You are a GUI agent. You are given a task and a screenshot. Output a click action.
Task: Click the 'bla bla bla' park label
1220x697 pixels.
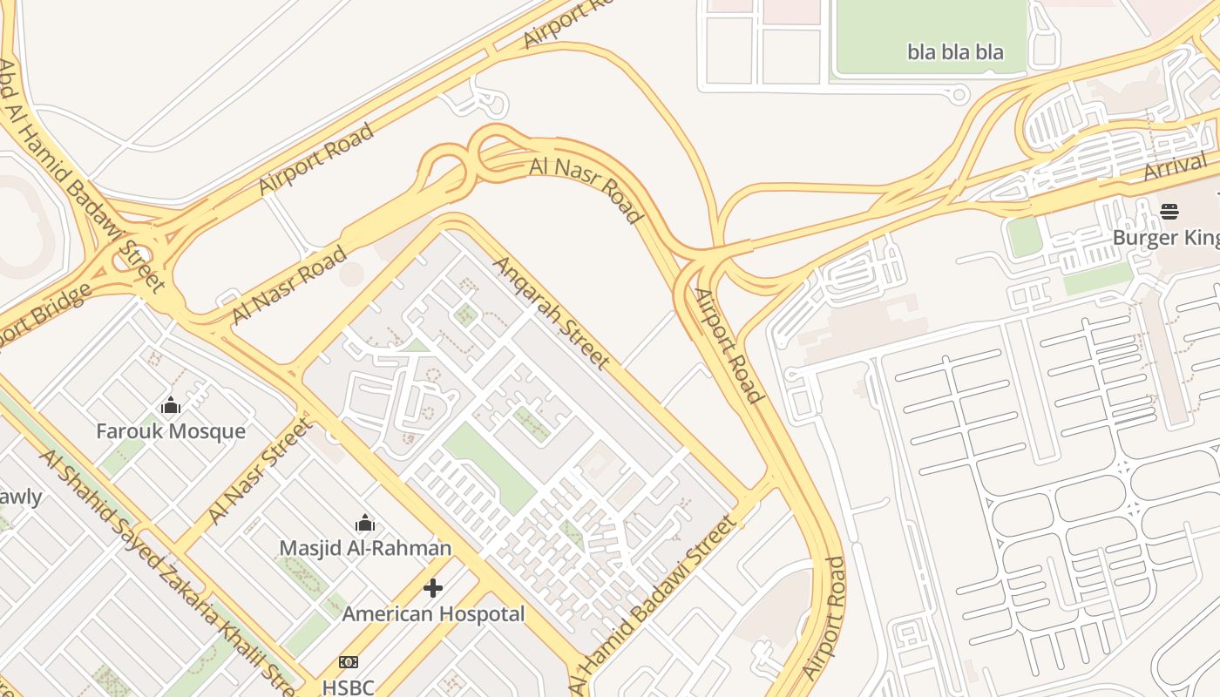955,52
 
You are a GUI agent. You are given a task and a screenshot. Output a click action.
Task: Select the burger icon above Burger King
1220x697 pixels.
1169,211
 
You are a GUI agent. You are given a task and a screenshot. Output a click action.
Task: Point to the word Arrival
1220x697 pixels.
1176,166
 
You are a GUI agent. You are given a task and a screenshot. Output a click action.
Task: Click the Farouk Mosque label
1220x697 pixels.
171,431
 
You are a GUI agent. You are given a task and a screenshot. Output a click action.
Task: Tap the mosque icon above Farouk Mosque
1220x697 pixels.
171,405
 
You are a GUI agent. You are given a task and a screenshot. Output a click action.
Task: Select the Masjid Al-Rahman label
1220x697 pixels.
365,548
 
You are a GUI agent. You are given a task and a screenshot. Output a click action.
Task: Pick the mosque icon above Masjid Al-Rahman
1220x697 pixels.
365,523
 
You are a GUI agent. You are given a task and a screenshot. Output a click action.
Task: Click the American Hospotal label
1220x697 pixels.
433,614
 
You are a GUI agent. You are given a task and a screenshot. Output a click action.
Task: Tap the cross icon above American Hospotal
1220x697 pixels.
433,589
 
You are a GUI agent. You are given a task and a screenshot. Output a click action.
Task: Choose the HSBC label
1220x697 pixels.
348,687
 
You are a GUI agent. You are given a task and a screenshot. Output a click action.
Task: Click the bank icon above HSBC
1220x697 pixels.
349,662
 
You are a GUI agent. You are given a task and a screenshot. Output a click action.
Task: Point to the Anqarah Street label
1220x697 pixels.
552,311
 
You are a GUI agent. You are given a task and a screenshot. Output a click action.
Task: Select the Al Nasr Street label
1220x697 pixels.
260,472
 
